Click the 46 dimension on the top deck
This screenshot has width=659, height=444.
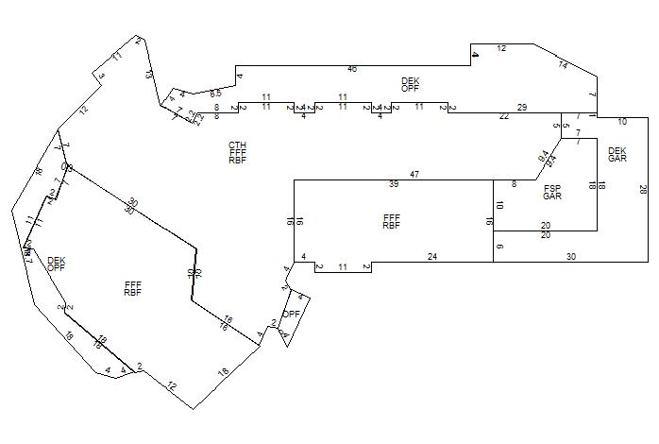[352, 69]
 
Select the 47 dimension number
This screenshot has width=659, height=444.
[414, 175]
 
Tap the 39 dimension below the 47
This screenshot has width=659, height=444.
[394, 184]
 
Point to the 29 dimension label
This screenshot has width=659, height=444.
[522, 109]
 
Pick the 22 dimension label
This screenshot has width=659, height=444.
[504, 116]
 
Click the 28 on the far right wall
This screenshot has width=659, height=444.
[643, 189]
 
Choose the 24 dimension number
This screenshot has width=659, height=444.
[432, 257]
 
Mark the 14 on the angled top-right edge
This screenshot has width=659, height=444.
[563, 65]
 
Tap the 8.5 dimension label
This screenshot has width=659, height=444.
[216, 94]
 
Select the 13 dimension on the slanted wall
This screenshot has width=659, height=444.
[149, 73]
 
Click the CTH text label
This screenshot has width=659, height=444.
[237, 145]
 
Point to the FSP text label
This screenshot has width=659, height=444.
[552, 189]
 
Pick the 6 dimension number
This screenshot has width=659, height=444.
[499, 247]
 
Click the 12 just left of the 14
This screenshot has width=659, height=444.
[501, 48]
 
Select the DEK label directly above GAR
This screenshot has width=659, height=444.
[617, 150]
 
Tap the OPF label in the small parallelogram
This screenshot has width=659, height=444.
[292, 314]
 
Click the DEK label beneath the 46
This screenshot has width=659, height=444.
[410, 81]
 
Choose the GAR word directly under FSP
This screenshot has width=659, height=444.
[552, 197]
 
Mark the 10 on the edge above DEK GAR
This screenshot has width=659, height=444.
[622, 122]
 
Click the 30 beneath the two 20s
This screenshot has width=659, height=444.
[571, 257]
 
